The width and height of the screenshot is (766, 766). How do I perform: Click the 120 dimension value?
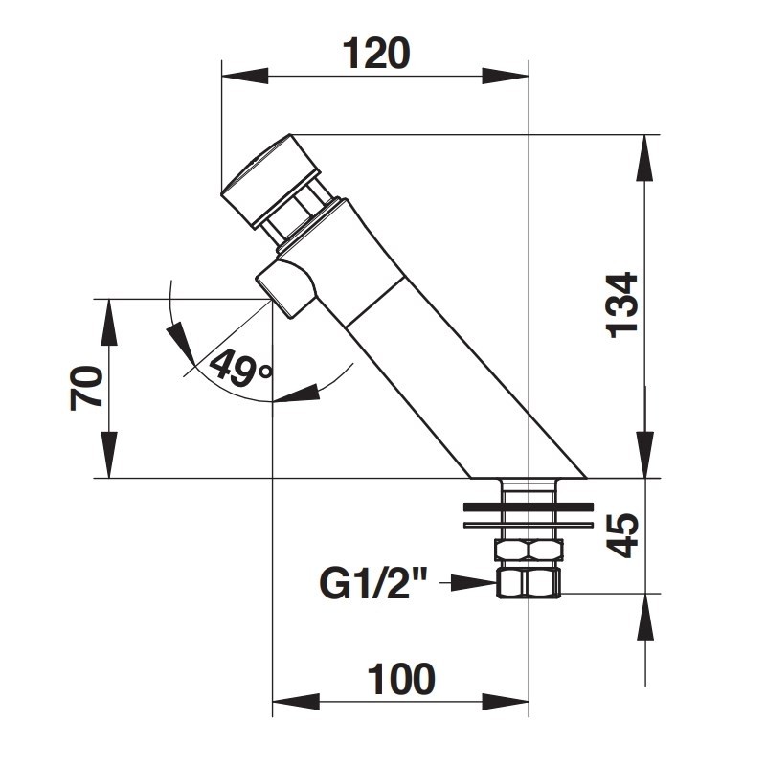point(376,54)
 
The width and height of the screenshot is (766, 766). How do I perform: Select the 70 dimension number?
point(87,388)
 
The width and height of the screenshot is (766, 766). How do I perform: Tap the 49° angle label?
point(240,369)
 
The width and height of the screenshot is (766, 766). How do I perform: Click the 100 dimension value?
point(401,679)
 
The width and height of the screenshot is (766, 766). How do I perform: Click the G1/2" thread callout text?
point(373,583)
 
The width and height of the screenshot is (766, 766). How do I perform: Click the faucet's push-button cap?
point(271,181)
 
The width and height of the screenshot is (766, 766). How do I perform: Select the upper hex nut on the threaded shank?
point(529,550)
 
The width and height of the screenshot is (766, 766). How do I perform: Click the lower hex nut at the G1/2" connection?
point(529,582)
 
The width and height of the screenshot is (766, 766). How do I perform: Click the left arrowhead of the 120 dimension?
point(245,77)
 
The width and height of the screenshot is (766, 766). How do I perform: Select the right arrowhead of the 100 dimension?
point(507,702)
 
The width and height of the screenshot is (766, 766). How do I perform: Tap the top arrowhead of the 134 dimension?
point(645,157)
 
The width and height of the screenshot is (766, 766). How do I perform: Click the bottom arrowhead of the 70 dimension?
point(110,454)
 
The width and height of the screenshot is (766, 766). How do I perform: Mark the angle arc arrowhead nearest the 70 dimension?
point(180,343)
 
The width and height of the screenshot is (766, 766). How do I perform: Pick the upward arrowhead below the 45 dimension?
point(645,617)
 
